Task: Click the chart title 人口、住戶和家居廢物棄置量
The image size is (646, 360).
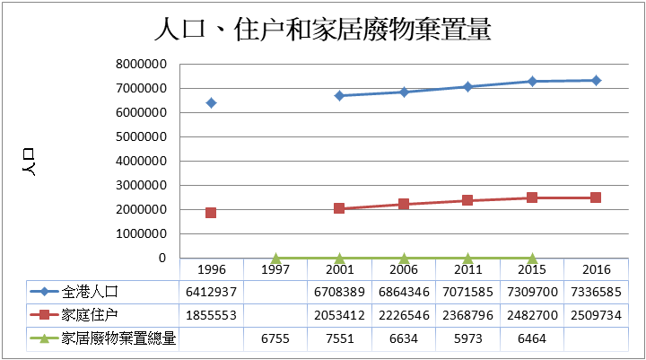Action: tap(323, 30)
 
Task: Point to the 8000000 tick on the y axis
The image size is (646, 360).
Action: tap(142, 65)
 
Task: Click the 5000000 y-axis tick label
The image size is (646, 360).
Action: tap(142, 137)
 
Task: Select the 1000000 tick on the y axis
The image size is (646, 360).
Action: tap(142, 234)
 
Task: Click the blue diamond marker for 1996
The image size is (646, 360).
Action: tap(211, 103)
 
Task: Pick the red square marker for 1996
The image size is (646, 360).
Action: tap(211, 213)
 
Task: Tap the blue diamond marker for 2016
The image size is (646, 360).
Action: tap(596, 81)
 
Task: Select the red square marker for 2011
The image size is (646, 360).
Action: tap(467, 200)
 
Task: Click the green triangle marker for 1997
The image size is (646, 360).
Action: tap(275, 258)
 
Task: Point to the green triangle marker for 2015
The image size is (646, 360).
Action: tap(532, 258)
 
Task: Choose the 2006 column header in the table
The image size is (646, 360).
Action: tap(404, 269)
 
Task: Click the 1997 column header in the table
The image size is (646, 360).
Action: tap(275, 269)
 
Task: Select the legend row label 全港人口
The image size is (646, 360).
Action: tap(91, 292)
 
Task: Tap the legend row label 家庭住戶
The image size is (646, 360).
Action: tap(91, 315)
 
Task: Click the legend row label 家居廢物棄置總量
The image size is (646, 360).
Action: tap(118, 338)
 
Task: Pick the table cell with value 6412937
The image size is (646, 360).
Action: tap(211, 292)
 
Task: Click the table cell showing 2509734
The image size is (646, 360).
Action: tap(596, 315)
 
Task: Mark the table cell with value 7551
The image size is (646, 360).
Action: tap(339, 338)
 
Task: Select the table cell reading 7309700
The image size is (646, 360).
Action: tap(532, 292)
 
